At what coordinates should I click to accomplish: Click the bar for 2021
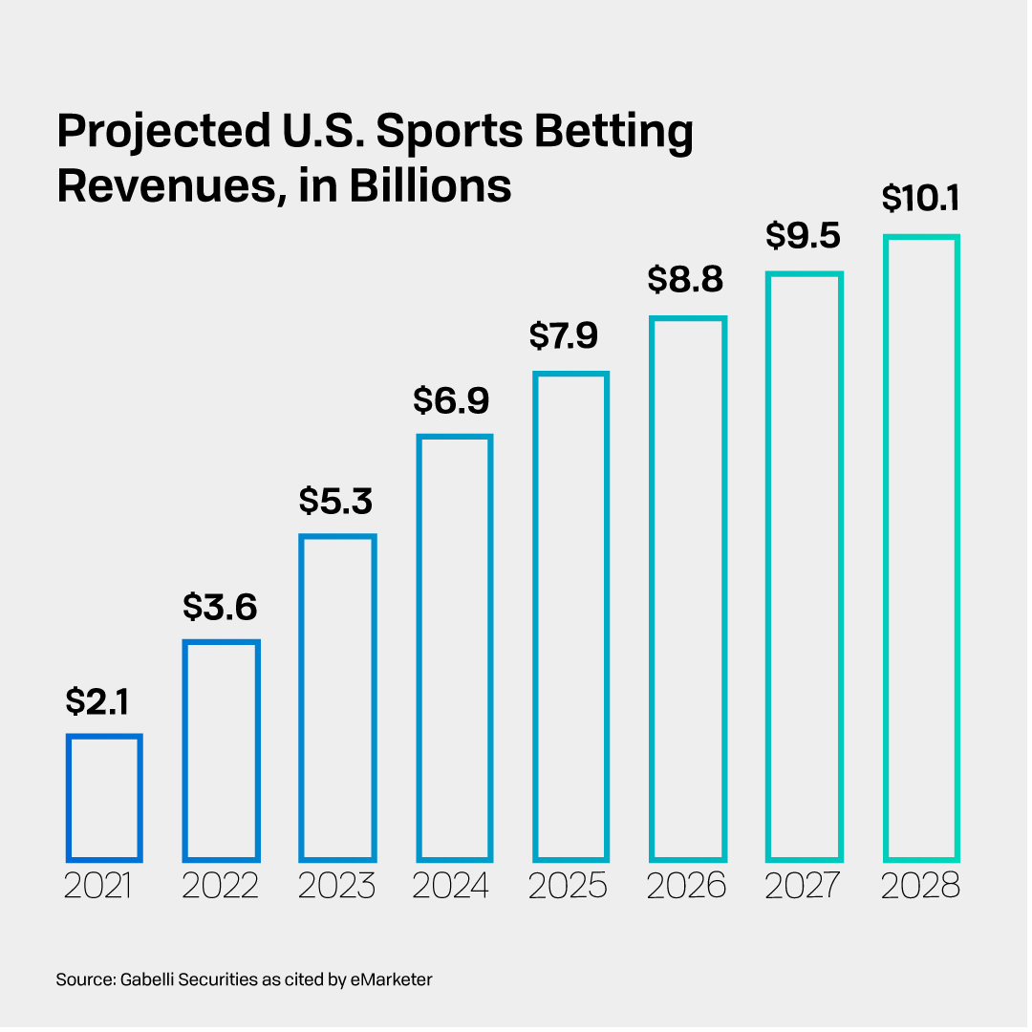(104, 797)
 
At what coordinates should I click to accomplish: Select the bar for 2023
(337, 697)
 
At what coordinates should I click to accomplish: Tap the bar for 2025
(570, 616)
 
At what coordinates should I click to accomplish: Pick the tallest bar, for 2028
(921, 548)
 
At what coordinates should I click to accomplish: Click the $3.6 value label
(221, 607)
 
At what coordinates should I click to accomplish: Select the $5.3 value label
(336, 501)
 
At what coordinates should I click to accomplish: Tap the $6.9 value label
(453, 401)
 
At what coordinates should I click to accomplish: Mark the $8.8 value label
(687, 280)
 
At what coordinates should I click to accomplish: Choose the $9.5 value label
(804, 236)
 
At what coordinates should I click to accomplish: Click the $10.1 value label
(920, 199)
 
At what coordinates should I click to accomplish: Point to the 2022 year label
(221, 887)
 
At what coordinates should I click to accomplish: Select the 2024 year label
(452, 887)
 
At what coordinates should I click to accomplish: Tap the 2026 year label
(687, 887)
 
